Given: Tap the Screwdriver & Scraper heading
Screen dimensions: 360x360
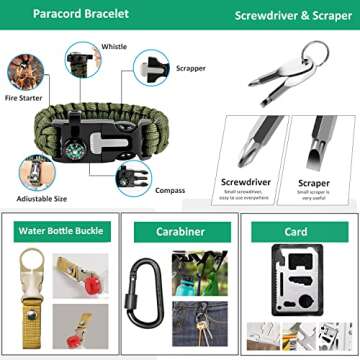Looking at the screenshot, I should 281,16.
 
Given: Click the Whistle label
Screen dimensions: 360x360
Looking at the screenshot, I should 114,47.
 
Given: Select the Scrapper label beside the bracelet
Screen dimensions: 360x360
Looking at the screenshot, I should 191,69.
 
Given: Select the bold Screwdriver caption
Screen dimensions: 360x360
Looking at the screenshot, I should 246,183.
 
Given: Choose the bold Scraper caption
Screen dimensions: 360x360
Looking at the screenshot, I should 313,183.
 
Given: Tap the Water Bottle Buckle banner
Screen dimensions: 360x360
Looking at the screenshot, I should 59,231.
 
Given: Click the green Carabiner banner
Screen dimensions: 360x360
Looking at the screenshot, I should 180,231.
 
